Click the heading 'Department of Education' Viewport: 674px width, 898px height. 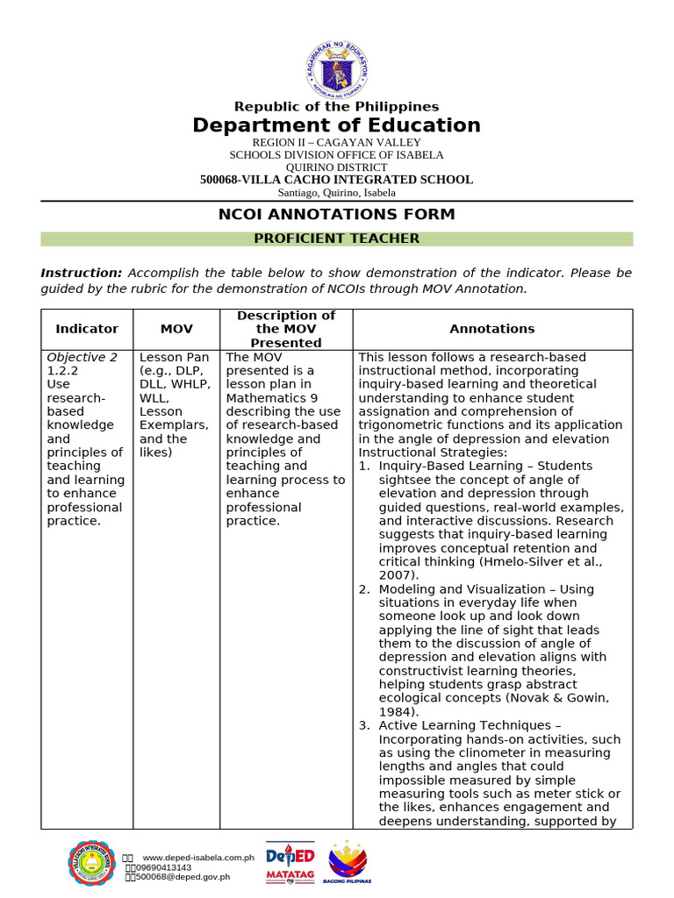tap(337, 125)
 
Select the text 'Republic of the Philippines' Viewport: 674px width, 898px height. tap(337, 107)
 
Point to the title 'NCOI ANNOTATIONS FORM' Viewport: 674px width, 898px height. tap(337, 215)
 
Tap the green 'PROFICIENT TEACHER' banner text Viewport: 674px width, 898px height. tap(337, 239)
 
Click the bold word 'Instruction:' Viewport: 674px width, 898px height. tap(82, 274)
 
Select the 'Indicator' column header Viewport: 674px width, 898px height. tap(87, 329)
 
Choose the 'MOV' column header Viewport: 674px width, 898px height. tap(176, 329)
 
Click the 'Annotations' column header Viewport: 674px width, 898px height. tap(492, 329)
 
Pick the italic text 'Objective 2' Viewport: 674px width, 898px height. tap(82, 358)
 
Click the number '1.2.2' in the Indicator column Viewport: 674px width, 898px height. tap(63, 371)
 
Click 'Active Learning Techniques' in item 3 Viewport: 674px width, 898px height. tap(464, 726)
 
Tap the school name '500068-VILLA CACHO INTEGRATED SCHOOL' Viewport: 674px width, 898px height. tap(337, 180)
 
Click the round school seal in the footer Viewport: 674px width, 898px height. tap(92, 863)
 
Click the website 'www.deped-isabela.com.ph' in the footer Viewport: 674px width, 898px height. tap(198, 857)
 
